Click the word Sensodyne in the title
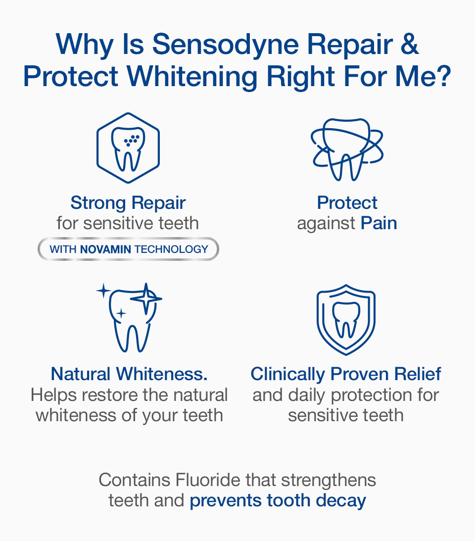click(225, 46)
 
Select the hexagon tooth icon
click(128, 148)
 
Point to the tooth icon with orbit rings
click(347, 149)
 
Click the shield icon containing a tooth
click(346, 319)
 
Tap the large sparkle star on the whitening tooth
click(146, 298)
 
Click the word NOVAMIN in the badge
click(105, 249)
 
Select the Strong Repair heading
click(128, 203)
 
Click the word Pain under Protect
click(379, 223)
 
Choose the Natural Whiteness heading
click(129, 374)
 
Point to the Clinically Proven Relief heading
click(346, 374)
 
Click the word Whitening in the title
click(192, 77)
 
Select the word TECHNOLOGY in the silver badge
click(171, 249)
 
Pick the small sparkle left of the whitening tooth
click(103, 291)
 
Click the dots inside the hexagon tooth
click(132, 140)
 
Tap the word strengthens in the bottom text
click(329, 481)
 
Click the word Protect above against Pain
click(347, 203)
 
